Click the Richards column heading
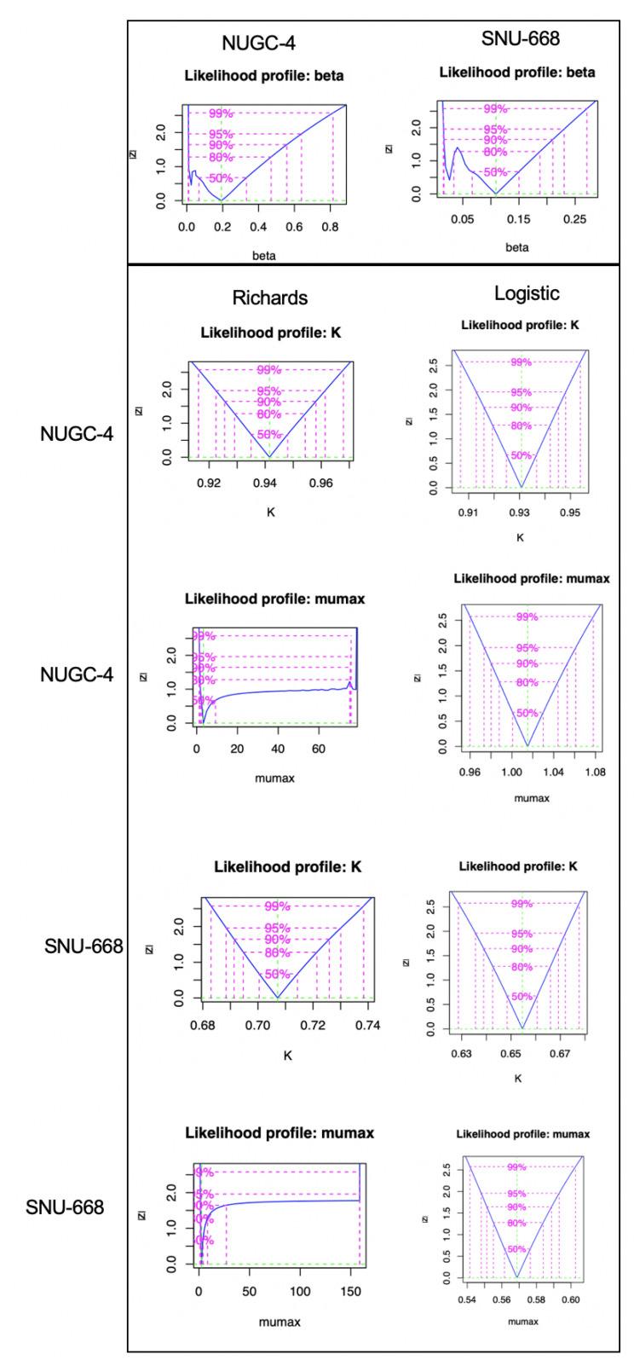270,298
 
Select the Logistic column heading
527,293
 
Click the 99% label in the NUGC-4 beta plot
221,113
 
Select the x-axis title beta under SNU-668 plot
516,247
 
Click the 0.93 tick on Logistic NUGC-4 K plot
520,512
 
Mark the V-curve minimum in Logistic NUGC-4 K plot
522,487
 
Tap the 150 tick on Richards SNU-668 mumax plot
349,1291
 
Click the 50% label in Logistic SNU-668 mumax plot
516,1249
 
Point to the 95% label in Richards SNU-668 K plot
278,929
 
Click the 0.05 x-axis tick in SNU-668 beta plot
463,220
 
